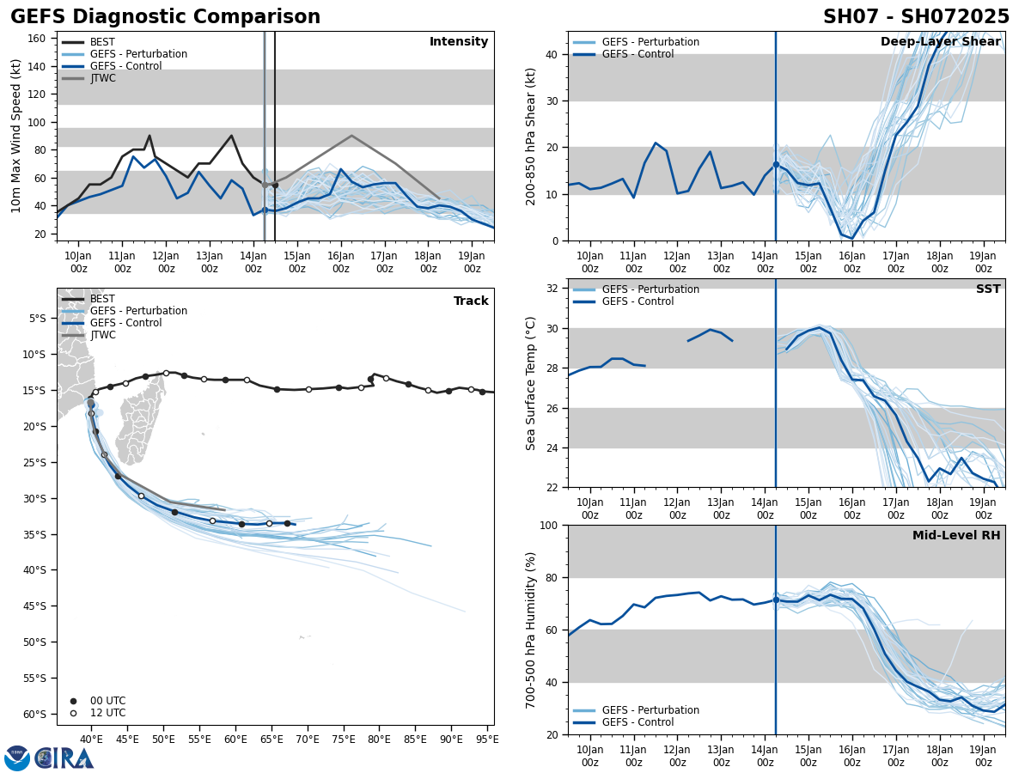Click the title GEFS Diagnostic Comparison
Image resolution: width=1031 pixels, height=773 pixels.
pos(165,17)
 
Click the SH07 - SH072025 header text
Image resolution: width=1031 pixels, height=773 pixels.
pos(916,17)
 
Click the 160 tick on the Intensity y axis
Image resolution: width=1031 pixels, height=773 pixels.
pos(37,39)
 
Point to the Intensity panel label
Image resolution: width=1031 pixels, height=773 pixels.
pos(459,42)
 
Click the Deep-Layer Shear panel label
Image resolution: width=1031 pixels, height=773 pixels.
pos(940,42)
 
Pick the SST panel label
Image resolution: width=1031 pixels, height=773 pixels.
pos(988,289)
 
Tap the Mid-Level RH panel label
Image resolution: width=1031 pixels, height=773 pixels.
pos(956,536)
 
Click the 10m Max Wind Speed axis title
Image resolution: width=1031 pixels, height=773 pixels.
pos(16,136)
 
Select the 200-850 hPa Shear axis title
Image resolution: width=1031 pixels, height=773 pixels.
pos(531,136)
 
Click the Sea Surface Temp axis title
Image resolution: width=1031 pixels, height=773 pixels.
pos(531,383)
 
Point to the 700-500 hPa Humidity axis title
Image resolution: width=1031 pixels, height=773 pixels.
pos(531,630)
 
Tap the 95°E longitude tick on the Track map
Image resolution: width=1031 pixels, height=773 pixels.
pos(486,738)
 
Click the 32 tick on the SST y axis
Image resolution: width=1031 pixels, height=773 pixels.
pos(554,289)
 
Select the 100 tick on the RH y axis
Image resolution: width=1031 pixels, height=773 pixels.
pos(551,525)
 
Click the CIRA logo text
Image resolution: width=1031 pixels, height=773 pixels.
pos(64,758)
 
